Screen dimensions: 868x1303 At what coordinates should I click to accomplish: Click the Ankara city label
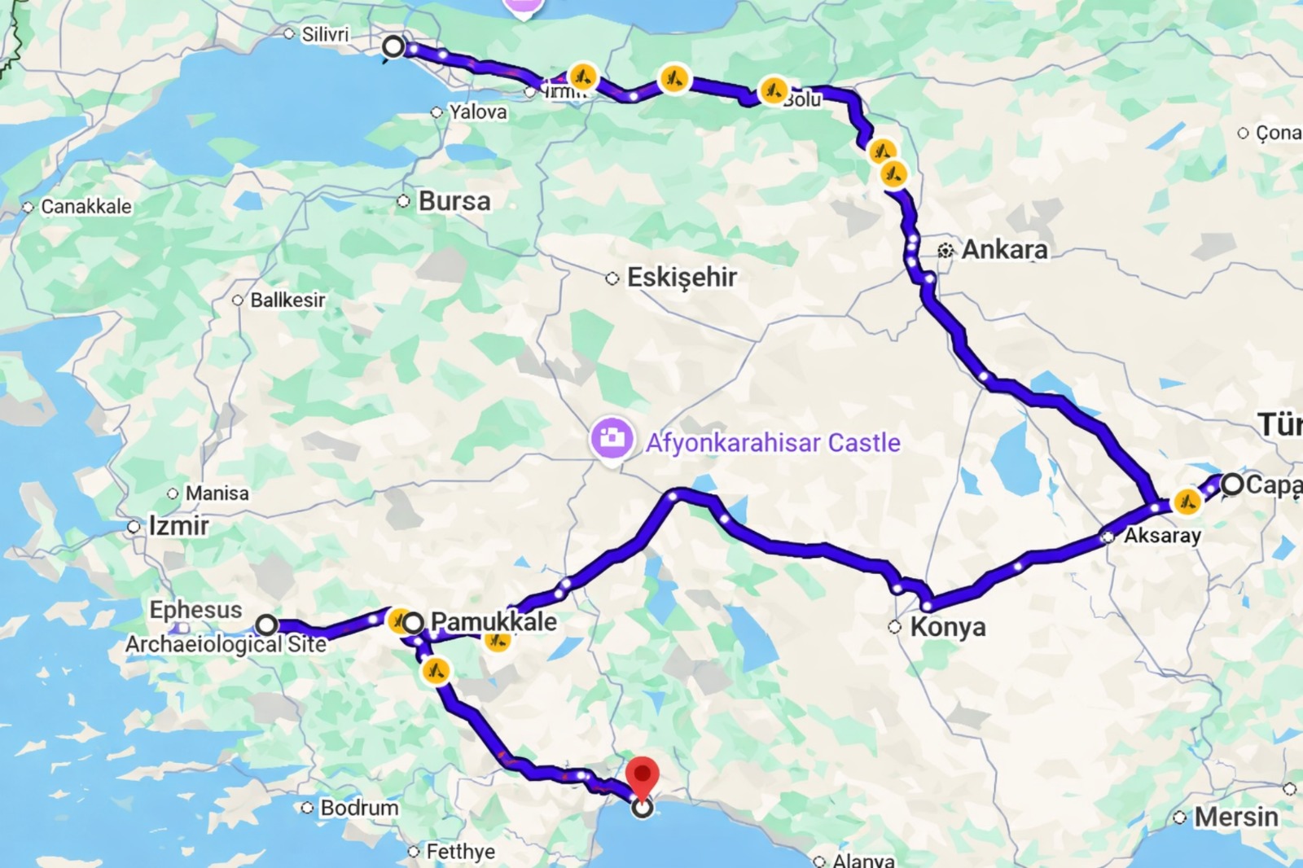tap(1004, 249)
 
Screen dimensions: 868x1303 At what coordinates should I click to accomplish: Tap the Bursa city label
tap(454, 201)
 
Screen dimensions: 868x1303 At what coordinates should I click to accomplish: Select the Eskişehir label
tap(681, 278)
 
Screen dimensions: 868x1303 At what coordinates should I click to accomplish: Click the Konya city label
tap(947, 627)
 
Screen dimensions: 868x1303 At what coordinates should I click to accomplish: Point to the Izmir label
tap(178, 526)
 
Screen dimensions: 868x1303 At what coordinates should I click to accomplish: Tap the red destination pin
tap(643, 775)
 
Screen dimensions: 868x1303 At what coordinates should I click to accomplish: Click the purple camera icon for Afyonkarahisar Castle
tap(612, 439)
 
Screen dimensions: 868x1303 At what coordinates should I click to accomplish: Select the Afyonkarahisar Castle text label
tap(773, 443)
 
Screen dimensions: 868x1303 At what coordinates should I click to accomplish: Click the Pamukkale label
tap(494, 622)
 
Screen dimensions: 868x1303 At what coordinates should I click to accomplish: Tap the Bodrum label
tap(359, 808)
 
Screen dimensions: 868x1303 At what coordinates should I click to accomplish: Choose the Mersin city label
tap(1235, 817)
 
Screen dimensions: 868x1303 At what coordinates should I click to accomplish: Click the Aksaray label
tap(1162, 536)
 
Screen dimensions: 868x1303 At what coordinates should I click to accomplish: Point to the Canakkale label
tap(86, 207)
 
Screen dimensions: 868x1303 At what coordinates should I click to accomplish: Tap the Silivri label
tap(325, 34)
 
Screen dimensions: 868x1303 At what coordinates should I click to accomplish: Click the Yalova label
tap(478, 112)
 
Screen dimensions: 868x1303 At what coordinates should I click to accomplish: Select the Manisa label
tap(217, 493)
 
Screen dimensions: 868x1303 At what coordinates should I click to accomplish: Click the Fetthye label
tap(460, 852)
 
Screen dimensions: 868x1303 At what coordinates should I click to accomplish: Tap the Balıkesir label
tap(287, 300)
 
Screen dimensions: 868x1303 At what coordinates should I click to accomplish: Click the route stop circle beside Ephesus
tap(266, 625)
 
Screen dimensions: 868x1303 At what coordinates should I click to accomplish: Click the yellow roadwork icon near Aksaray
tap(1187, 502)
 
